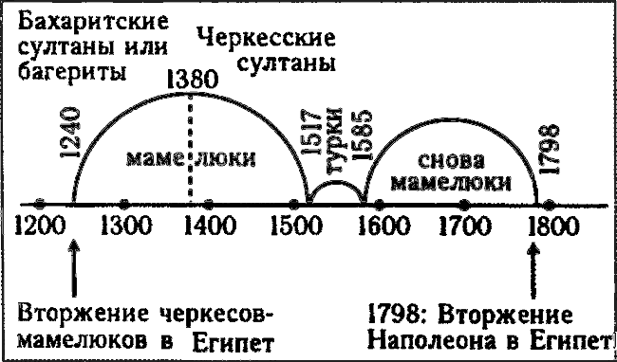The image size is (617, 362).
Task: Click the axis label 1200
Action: pyautogui.click(x=39, y=227)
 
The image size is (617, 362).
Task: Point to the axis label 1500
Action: pyautogui.click(x=294, y=227)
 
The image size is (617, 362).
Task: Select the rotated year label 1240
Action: pyautogui.click(x=79, y=136)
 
